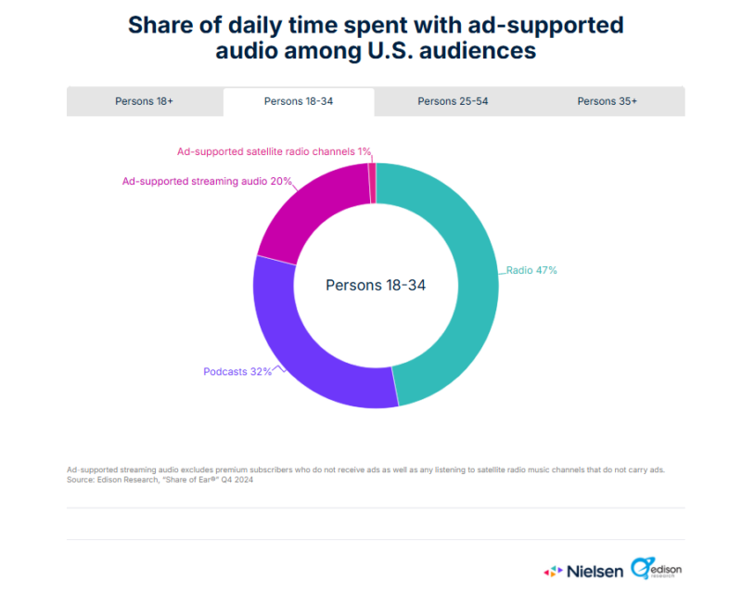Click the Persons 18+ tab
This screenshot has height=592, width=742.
click(x=145, y=101)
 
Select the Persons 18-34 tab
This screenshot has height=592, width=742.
click(x=299, y=101)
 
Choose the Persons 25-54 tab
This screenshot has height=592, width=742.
click(x=453, y=101)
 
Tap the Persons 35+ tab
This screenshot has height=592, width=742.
click(x=607, y=101)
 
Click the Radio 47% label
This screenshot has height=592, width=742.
click(x=531, y=271)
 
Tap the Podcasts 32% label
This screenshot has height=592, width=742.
click(x=237, y=372)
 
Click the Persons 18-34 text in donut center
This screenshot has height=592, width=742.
click(x=376, y=285)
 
